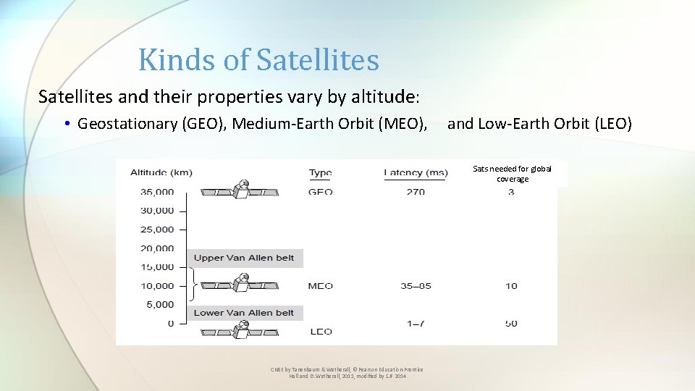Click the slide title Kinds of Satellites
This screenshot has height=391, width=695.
[x=258, y=59]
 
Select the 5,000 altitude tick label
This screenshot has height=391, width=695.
[x=157, y=304]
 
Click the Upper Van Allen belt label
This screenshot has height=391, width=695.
[x=244, y=258]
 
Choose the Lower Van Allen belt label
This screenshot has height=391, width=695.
[x=244, y=313]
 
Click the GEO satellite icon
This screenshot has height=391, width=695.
[x=240, y=190]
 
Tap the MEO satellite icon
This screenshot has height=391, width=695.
[x=240, y=284]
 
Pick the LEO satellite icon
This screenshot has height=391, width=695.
[x=240, y=329]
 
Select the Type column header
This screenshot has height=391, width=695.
[x=320, y=172]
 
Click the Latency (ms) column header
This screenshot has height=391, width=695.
[x=416, y=172]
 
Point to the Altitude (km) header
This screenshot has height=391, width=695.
[x=161, y=172]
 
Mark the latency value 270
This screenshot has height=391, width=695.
[x=416, y=192]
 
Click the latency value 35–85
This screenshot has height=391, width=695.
[x=416, y=285]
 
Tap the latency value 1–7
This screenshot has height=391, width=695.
[x=416, y=323]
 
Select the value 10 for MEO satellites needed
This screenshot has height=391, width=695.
[x=511, y=285]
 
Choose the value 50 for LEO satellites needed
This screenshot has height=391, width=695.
[x=511, y=323]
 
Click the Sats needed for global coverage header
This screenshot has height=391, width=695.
[x=512, y=174]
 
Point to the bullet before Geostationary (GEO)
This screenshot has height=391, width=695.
[x=66, y=125]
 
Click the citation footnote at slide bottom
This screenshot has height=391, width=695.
[x=347, y=373]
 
